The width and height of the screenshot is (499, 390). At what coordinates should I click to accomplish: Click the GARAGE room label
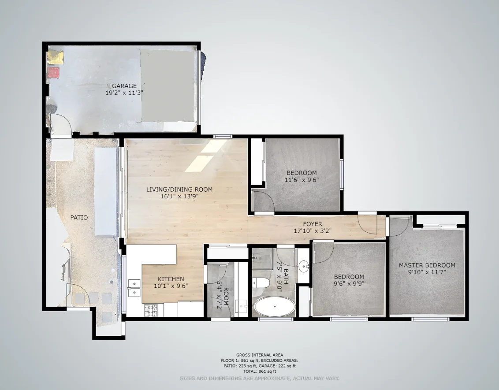pos(124,85)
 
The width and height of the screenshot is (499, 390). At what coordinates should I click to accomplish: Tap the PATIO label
pos(79,218)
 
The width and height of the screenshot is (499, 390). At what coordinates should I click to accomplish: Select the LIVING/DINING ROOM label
pos(179,189)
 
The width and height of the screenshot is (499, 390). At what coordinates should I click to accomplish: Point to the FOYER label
pos(312,224)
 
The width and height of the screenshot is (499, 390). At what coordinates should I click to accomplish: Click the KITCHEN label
pos(171,279)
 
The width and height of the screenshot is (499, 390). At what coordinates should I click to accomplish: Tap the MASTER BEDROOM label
pos(427,265)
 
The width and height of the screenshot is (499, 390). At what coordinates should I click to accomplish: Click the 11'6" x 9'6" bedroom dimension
pos(302,180)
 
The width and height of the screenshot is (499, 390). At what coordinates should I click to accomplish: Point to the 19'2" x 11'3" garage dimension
pos(124,93)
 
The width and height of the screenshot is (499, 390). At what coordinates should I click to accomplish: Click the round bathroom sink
pos(304,267)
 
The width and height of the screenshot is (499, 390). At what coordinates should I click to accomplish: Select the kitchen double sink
pos(133,287)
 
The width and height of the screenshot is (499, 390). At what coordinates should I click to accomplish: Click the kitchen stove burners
pos(151,310)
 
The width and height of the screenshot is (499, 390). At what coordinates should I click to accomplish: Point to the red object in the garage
pos(53,72)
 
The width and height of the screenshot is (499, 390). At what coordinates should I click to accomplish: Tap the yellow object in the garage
pos(56,57)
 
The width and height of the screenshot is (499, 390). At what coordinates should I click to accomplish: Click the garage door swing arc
pos(60,123)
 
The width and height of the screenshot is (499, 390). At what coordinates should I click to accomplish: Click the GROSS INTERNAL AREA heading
pos(260,355)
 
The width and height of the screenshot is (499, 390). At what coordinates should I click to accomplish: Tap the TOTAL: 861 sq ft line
pos(260,371)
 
